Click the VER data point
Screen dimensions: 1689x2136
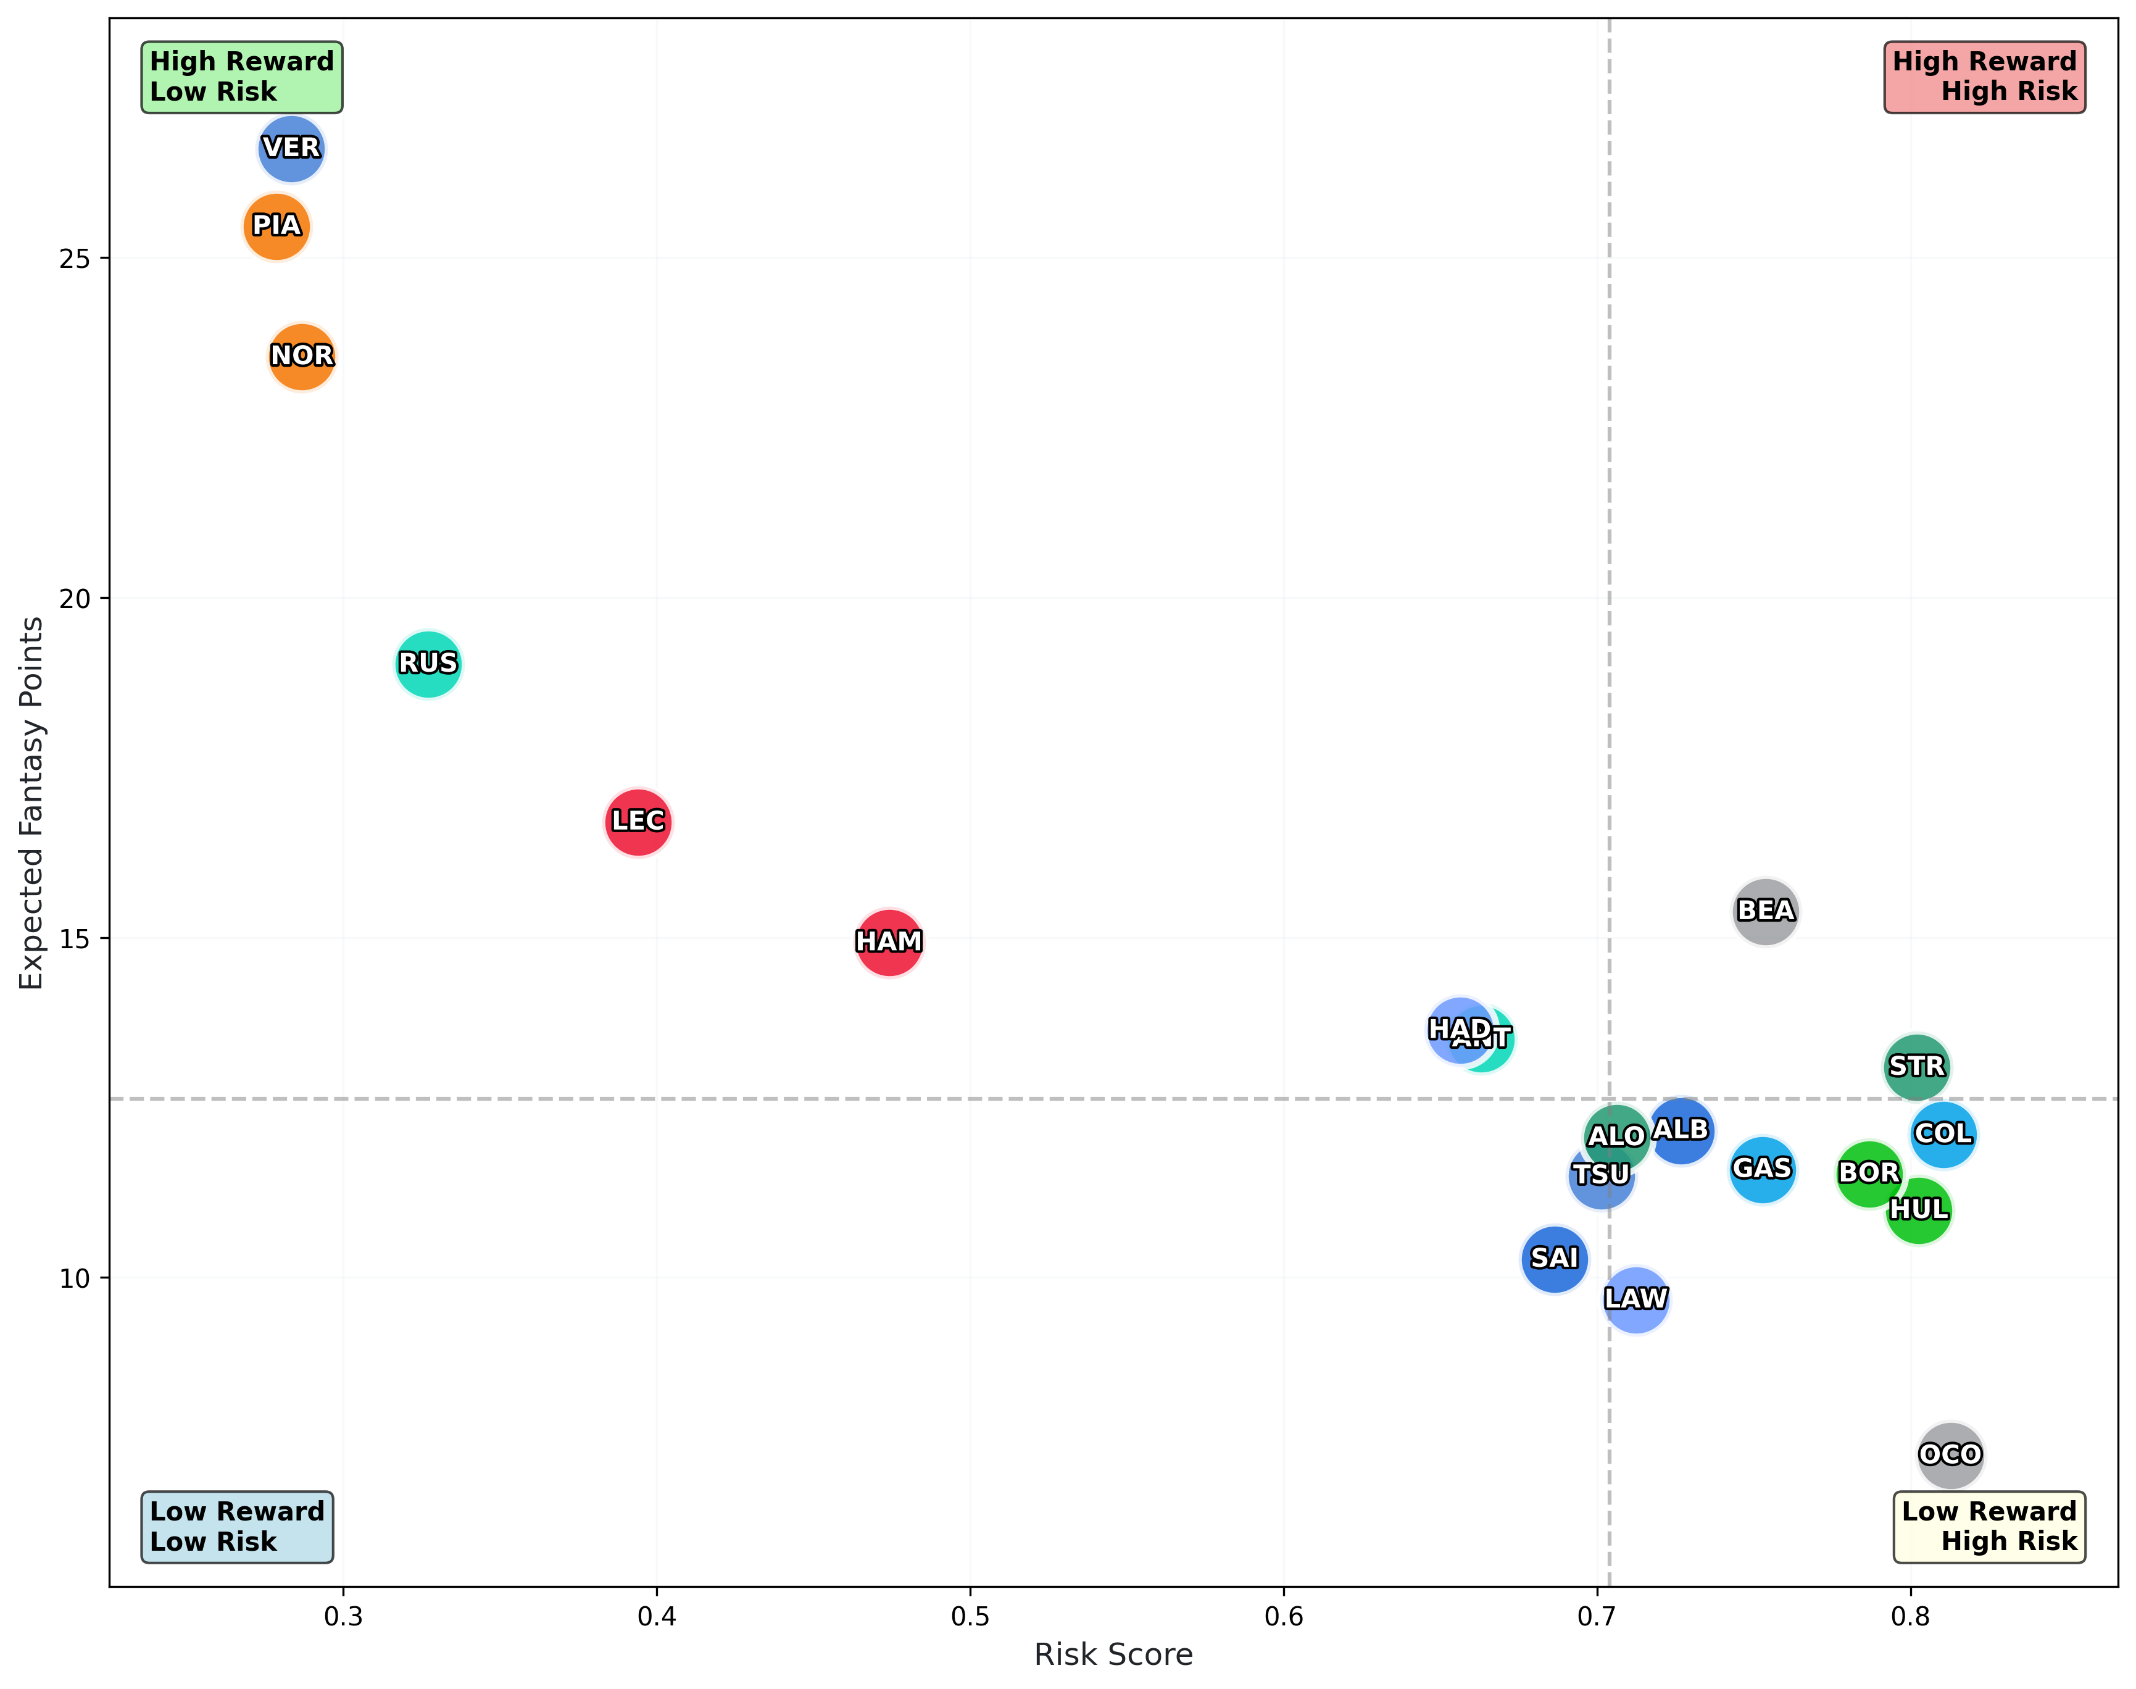(x=291, y=148)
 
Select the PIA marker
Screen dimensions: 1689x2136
(x=276, y=227)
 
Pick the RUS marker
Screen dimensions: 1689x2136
(x=428, y=664)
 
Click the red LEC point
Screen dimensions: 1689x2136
(x=639, y=822)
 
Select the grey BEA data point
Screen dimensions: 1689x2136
(x=1765, y=911)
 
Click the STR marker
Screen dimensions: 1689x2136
(x=1916, y=1067)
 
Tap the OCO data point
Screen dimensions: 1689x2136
(x=1950, y=1454)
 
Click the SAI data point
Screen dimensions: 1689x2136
(x=1555, y=1259)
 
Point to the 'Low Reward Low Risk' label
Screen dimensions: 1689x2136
(x=237, y=1527)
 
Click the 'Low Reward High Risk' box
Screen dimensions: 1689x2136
(x=1988, y=1527)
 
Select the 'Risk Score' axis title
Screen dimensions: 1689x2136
(x=1113, y=1654)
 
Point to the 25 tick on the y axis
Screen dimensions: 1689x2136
(x=74, y=259)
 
